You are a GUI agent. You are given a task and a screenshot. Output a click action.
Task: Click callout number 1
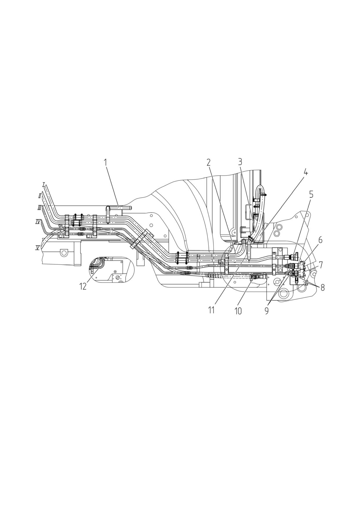[x=106, y=162]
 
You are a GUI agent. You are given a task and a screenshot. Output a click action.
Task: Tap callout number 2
[x=208, y=163]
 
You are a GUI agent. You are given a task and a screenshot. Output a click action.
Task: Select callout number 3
[x=240, y=162]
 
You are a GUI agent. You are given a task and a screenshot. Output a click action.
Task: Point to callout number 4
[x=305, y=172]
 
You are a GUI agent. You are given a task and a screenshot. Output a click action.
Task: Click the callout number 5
[x=311, y=194]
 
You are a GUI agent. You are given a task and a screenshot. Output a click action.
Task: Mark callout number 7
[x=321, y=264]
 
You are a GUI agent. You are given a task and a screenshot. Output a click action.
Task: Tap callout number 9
[x=267, y=311]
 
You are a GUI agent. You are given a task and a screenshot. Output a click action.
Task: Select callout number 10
[x=238, y=311]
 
